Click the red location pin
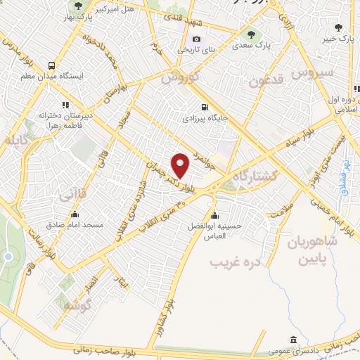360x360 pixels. pyautogui.click(x=181, y=165)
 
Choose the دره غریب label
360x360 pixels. pyautogui.click(x=236, y=262)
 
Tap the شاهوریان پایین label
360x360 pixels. pyautogui.click(x=312, y=250)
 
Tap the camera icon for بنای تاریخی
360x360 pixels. pyautogui.click(x=196, y=39)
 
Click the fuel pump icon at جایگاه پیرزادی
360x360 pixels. pyautogui.click(x=204, y=108)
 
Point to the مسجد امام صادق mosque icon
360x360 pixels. pyautogui.click(x=75, y=215)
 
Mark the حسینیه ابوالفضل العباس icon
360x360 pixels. pyautogui.click(x=214, y=215)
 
